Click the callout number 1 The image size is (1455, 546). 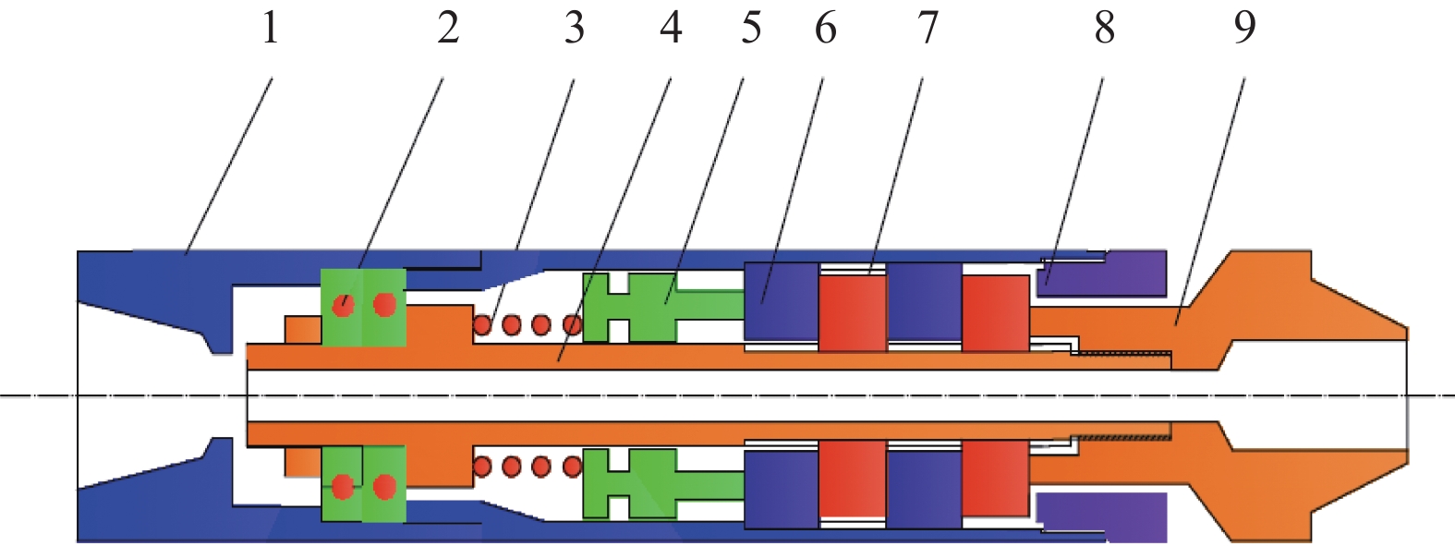pos(270,28)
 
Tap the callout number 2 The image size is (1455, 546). pos(448,28)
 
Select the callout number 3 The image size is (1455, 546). pos(575,28)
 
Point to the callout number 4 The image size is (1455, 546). pos(671,28)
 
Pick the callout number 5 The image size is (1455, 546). pos(751,28)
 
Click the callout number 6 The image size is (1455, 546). pos(825,28)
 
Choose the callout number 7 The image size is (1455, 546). pos(928,28)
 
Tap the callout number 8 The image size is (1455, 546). pos(1105,28)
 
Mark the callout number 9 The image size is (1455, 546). pos(1244,28)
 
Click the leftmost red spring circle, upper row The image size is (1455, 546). pos(482,324)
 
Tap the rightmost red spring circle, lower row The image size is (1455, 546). pos(572,467)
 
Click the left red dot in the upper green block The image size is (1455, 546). pos(343,304)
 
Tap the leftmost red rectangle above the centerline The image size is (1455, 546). pos(852,311)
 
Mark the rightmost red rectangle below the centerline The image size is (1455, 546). pos(995,478)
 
